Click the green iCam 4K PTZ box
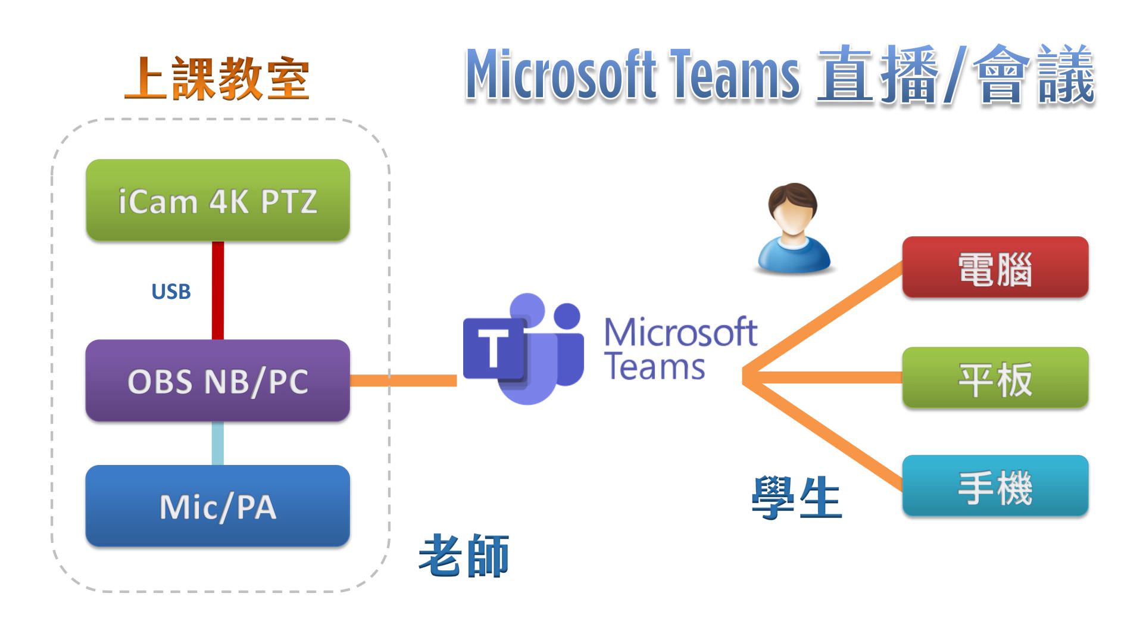[218, 200]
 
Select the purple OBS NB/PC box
[218, 380]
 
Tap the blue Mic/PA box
[218, 506]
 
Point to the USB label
[171, 292]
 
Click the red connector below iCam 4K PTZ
[218, 290]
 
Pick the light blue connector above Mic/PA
[218, 443]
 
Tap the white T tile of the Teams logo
[493, 349]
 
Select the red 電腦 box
[995, 267]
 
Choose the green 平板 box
[995, 378]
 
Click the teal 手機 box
[995, 486]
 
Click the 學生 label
[797, 498]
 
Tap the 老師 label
[464, 555]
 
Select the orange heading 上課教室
[217, 79]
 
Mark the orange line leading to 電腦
[827, 319]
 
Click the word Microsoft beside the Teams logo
[680, 332]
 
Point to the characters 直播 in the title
[880, 76]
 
